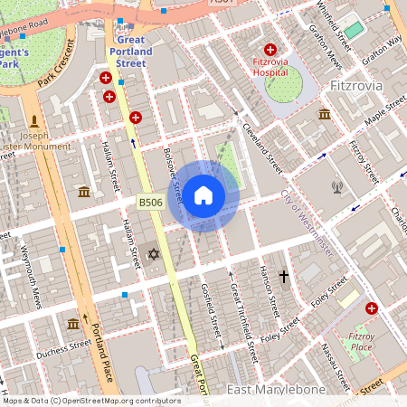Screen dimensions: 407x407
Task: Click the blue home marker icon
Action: (203, 195)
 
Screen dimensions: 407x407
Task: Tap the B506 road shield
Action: (150, 203)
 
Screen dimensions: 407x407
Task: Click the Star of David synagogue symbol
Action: (153, 255)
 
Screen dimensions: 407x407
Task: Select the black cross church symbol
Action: (284, 275)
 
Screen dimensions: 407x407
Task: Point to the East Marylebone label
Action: (276, 389)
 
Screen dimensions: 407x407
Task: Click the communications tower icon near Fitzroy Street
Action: (338, 188)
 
